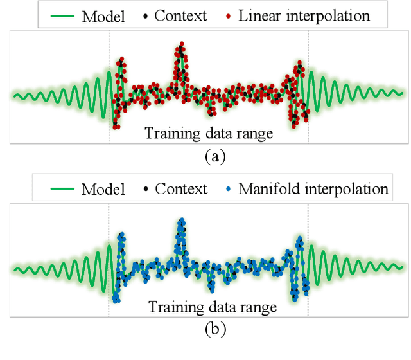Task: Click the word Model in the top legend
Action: pos(103,15)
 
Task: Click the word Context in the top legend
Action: pos(181,15)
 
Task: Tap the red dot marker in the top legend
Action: pos(229,15)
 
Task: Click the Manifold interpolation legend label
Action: pos(313,189)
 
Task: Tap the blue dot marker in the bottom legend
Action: pos(229,189)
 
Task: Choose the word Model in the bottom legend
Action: pos(103,189)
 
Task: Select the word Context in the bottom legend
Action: pos(181,189)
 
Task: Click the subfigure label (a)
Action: pos(215,156)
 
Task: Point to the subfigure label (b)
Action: pos(215,330)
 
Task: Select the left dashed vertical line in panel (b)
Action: pos(109,231)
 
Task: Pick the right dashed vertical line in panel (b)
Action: pos(308,231)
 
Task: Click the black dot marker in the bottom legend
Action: pos(146,189)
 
